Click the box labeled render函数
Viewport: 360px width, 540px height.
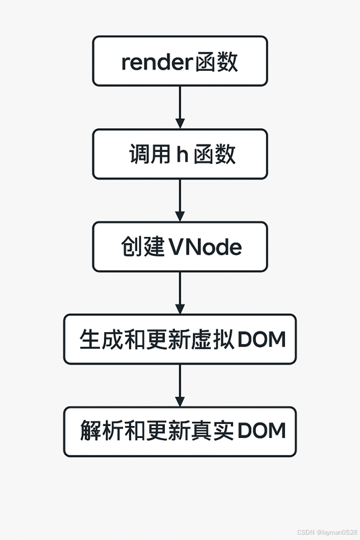180,61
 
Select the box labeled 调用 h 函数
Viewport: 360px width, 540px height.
180,154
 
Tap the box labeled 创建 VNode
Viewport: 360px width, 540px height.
180,246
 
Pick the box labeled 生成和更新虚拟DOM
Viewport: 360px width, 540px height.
180,339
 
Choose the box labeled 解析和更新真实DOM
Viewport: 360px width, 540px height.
180,431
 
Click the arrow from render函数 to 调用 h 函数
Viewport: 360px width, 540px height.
180,107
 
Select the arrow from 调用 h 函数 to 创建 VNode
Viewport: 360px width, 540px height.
180,200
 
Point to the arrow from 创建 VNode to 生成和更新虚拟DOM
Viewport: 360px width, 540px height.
180,292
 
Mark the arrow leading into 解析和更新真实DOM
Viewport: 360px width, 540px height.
180,385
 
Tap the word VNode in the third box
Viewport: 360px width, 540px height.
205,247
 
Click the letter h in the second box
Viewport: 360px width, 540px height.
182,155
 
